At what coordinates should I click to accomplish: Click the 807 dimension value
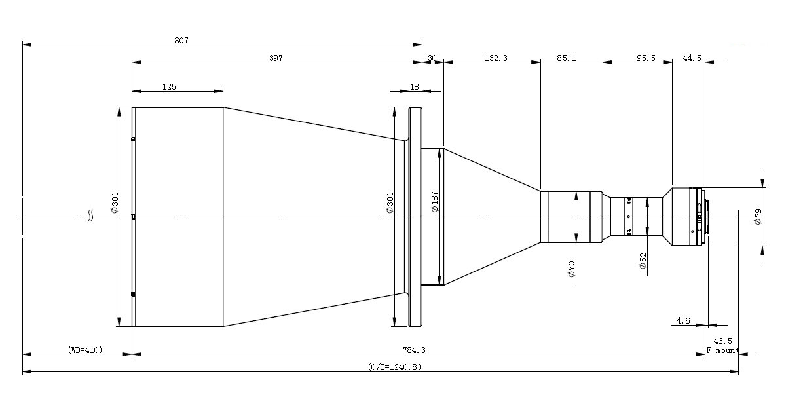181,40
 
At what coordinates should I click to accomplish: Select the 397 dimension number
276,58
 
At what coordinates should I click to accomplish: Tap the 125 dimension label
169,86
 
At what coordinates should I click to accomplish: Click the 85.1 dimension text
566,58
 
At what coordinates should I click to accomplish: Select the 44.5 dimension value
692,58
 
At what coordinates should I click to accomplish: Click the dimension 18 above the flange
414,86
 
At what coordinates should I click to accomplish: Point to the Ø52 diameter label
643,261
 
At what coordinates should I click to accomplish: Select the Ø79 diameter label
758,217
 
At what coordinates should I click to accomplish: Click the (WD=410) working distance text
85,350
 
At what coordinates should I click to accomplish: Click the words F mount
722,350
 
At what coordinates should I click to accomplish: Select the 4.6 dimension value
683,320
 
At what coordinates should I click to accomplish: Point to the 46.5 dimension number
722,341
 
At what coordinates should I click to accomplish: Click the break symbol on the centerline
92,216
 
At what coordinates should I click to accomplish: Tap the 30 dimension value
432,58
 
